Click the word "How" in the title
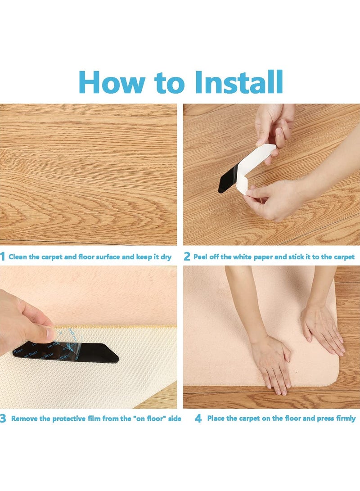coord(112,82)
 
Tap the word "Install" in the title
coord(239,82)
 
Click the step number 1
coord(3,257)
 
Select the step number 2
coord(187,257)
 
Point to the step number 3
coord(3,419)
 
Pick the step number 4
coord(198,419)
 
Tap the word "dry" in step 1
coord(166,257)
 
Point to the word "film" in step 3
coord(94,419)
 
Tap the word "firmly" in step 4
coord(346,419)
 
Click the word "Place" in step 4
coord(216,419)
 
